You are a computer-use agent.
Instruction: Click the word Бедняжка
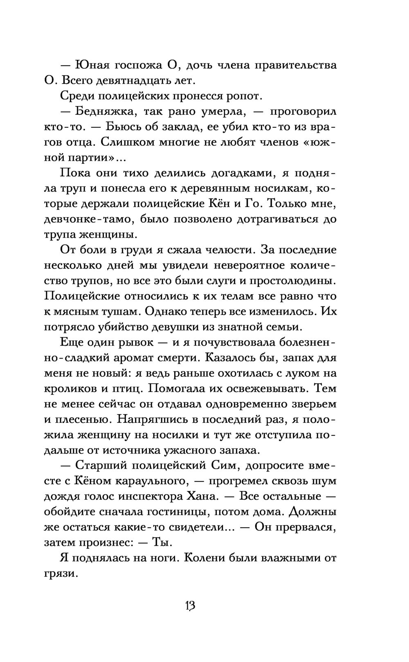(x=103, y=111)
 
